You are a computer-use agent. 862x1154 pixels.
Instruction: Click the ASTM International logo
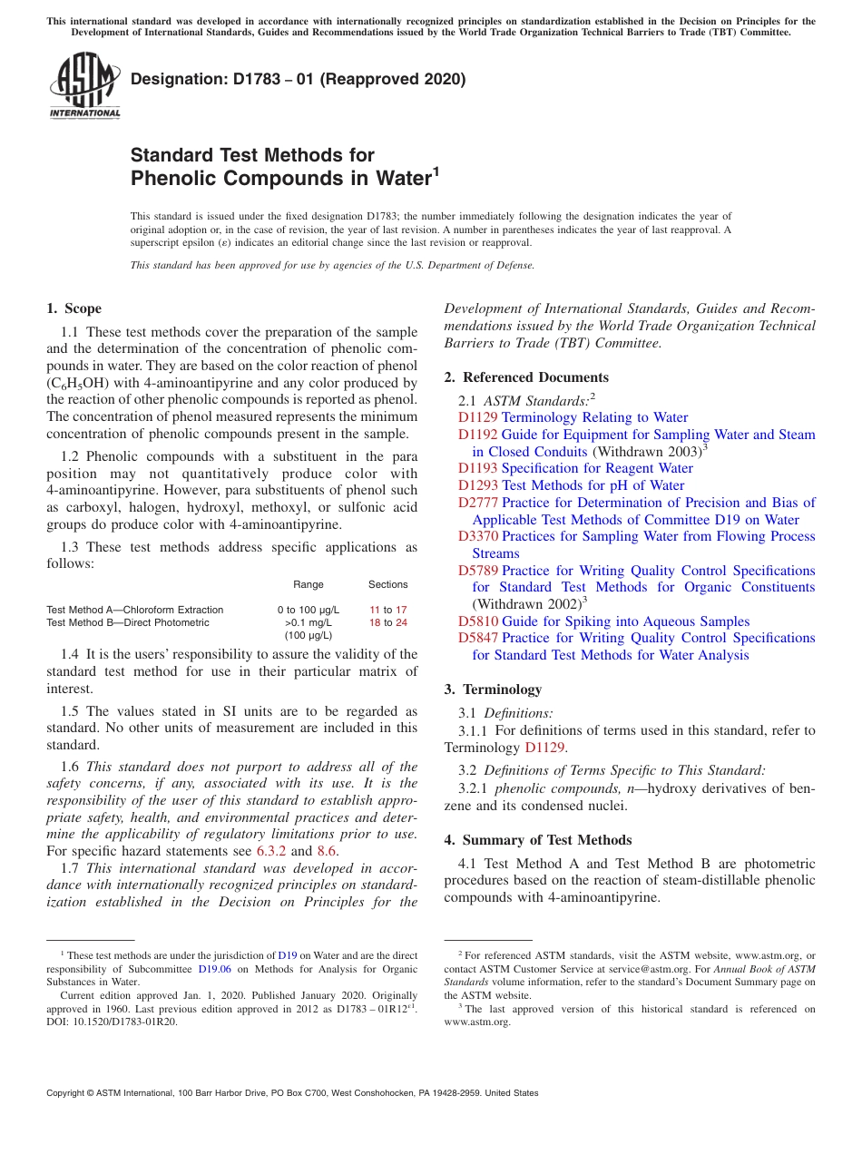point(84,85)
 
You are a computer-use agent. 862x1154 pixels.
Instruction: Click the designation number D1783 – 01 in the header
point(298,79)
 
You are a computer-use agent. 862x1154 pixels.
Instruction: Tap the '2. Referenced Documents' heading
point(526,377)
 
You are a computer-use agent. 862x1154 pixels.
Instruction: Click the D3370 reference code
point(477,536)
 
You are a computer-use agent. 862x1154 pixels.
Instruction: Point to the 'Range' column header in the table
point(309,584)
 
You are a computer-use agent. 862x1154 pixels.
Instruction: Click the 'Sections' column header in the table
point(387,584)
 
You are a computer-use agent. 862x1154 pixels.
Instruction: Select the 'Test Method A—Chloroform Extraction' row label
point(134,610)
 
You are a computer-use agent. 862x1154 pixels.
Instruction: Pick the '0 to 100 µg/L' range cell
point(309,610)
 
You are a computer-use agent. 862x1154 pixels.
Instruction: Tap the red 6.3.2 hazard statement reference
point(270,851)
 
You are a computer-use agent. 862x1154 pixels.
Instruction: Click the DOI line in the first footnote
point(113,1021)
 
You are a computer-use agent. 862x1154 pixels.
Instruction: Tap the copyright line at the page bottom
point(292,1093)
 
